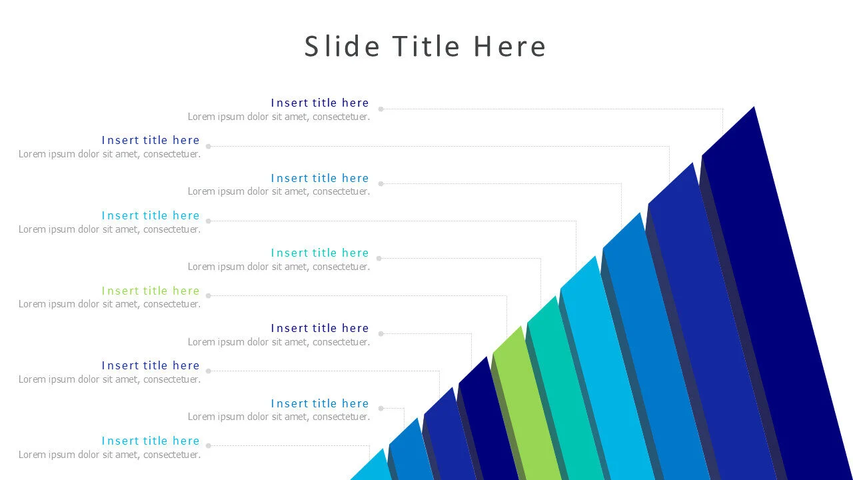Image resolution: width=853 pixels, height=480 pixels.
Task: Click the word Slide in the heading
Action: pyautogui.click(x=342, y=46)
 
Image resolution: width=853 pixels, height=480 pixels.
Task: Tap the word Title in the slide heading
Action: pyautogui.click(x=426, y=46)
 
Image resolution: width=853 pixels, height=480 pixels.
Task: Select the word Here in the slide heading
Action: pyautogui.click(x=510, y=46)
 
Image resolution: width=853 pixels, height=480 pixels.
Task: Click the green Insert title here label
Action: pyautogui.click(x=151, y=291)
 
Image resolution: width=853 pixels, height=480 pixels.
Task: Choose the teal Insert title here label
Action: pyautogui.click(x=319, y=253)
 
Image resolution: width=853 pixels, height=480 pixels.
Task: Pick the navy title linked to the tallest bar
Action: pyautogui.click(x=319, y=103)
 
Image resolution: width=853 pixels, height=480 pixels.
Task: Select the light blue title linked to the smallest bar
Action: pyautogui.click(x=151, y=441)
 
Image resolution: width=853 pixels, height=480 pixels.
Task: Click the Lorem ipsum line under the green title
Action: pyautogui.click(x=110, y=304)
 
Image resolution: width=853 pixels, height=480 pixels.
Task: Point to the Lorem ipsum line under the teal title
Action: pyautogui.click(x=279, y=267)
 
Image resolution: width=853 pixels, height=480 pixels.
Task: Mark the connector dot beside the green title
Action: pyautogui.click(x=209, y=295)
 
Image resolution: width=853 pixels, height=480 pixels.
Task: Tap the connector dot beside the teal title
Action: pyautogui.click(x=379, y=258)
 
